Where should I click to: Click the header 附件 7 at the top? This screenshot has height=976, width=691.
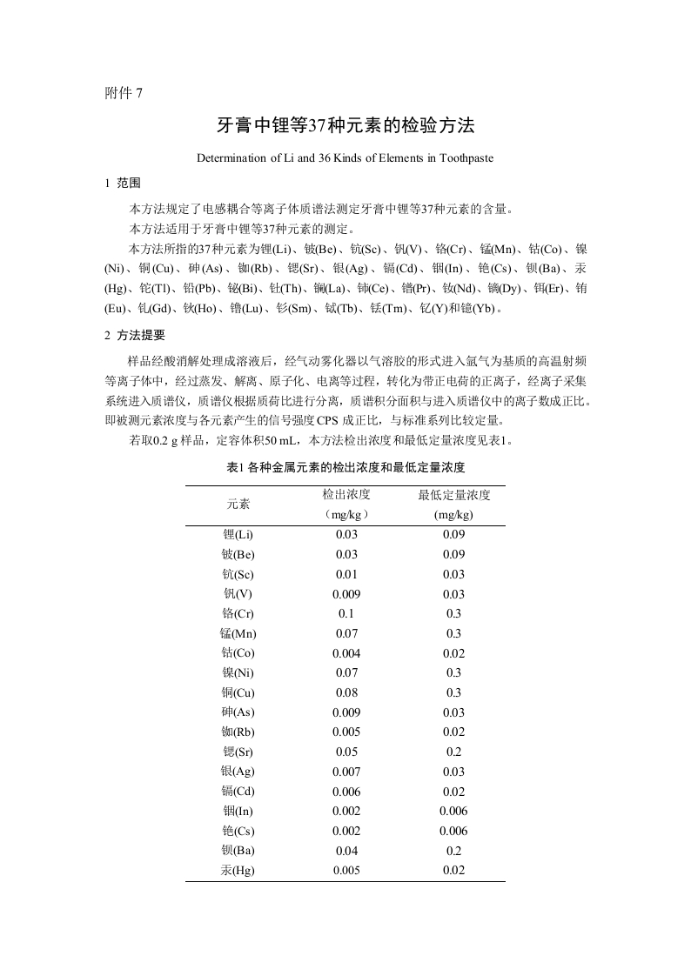123,93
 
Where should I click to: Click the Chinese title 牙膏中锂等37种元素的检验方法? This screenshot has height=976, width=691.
345,125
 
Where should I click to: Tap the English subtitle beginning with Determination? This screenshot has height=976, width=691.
345,158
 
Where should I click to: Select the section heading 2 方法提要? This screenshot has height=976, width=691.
135,335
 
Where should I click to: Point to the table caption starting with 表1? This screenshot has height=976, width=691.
345,467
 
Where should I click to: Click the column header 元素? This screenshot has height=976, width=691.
238,504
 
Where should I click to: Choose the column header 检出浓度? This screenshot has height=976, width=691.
346,494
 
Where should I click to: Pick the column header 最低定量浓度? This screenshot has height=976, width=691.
453,494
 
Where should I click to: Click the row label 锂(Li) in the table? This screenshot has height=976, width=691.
238,534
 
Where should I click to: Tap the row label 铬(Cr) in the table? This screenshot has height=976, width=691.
238,613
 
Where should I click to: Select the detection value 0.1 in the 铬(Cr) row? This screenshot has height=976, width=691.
346,613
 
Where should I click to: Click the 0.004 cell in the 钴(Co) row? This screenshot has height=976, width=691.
346,652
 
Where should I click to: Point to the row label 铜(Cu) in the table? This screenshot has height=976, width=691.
238,692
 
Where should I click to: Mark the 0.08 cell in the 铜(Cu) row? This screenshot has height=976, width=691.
346,692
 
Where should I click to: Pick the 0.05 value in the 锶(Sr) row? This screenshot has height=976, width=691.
346,752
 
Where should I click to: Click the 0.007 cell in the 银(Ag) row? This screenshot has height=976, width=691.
346,772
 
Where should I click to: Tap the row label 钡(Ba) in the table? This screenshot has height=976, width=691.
238,851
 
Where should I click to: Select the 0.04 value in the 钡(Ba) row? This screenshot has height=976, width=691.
346,851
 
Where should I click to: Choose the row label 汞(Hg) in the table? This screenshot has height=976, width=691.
238,870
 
